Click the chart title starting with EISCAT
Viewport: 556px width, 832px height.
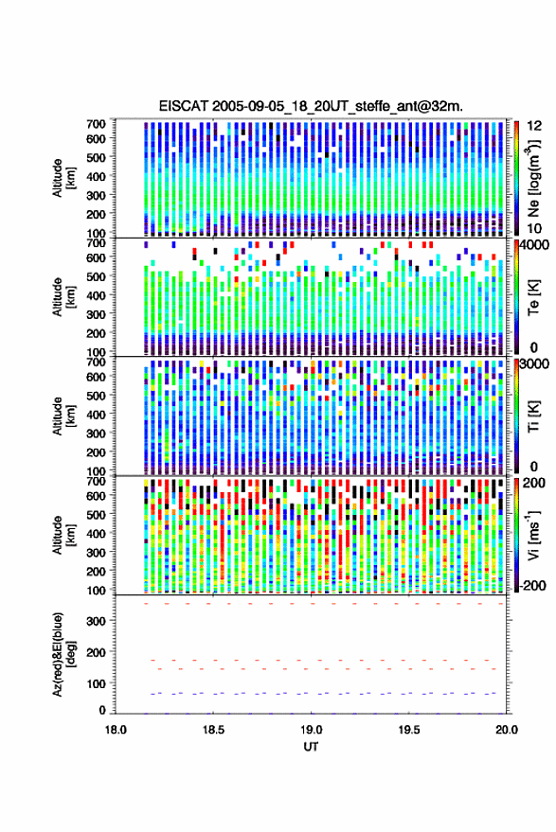(311, 106)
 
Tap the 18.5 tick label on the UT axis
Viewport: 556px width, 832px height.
(213, 730)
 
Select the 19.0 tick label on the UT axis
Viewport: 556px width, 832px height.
(312, 730)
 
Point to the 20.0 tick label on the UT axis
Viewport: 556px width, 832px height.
(507, 730)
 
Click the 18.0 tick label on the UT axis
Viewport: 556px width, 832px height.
(116, 730)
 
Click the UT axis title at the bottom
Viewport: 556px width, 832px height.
(311, 747)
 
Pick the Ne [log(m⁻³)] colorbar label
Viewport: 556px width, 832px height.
(533, 178)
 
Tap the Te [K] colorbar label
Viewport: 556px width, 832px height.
(533, 297)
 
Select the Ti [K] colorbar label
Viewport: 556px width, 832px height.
(533, 416)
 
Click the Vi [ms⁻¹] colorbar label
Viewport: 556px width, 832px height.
(533, 535)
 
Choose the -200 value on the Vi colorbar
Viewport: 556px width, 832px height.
(533, 586)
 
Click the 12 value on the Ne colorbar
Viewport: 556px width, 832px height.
(534, 126)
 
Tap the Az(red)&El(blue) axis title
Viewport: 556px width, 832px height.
(63, 654)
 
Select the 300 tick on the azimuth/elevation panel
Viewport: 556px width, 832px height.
(96, 621)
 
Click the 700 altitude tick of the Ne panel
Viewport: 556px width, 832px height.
(96, 124)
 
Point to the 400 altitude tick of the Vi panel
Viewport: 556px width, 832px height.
(96, 533)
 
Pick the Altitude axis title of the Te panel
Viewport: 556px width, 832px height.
(63, 297)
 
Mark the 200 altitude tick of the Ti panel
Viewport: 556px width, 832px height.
(96, 452)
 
